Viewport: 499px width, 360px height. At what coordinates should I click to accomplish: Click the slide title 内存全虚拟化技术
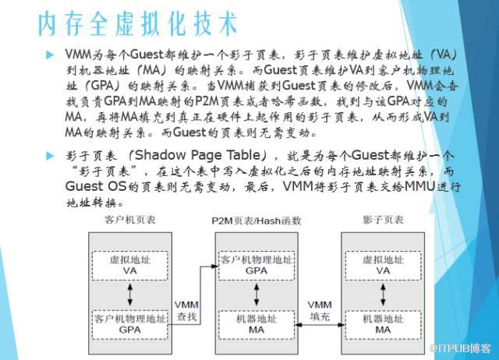[x=138, y=24]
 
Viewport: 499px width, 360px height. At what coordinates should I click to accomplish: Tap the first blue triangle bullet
[x=50, y=55]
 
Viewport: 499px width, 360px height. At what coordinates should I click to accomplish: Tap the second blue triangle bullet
[x=50, y=156]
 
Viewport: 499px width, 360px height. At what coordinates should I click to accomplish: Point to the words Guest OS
[x=96, y=186]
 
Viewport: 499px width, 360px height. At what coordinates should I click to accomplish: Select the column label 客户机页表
[x=130, y=220]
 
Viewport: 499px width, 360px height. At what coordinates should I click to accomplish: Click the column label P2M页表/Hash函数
[x=257, y=221]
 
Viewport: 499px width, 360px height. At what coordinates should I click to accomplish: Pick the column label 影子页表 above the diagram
[x=383, y=220]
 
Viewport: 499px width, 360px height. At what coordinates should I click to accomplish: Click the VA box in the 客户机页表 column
[x=130, y=266]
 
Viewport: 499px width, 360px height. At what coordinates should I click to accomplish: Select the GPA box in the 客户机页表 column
[x=130, y=325]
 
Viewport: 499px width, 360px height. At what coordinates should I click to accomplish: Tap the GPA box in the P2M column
[x=257, y=266]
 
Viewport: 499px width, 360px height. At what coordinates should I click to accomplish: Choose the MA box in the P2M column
[x=257, y=325]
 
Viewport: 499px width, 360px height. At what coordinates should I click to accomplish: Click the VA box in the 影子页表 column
[x=383, y=266]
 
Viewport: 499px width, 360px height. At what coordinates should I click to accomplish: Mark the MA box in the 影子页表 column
[x=383, y=325]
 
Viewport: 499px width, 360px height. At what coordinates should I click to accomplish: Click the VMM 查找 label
[x=186, y=311]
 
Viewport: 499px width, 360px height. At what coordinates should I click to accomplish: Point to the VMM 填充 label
[x=320, y=311]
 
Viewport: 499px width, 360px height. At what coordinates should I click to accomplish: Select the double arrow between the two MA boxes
[x=320, y=325]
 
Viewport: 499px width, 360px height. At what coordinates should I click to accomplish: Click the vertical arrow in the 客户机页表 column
[x=130, y=295]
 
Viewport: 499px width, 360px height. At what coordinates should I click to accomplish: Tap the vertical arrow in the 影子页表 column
[x=383, y=295]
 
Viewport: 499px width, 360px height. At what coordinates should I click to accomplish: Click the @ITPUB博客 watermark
[x=460, y=348]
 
